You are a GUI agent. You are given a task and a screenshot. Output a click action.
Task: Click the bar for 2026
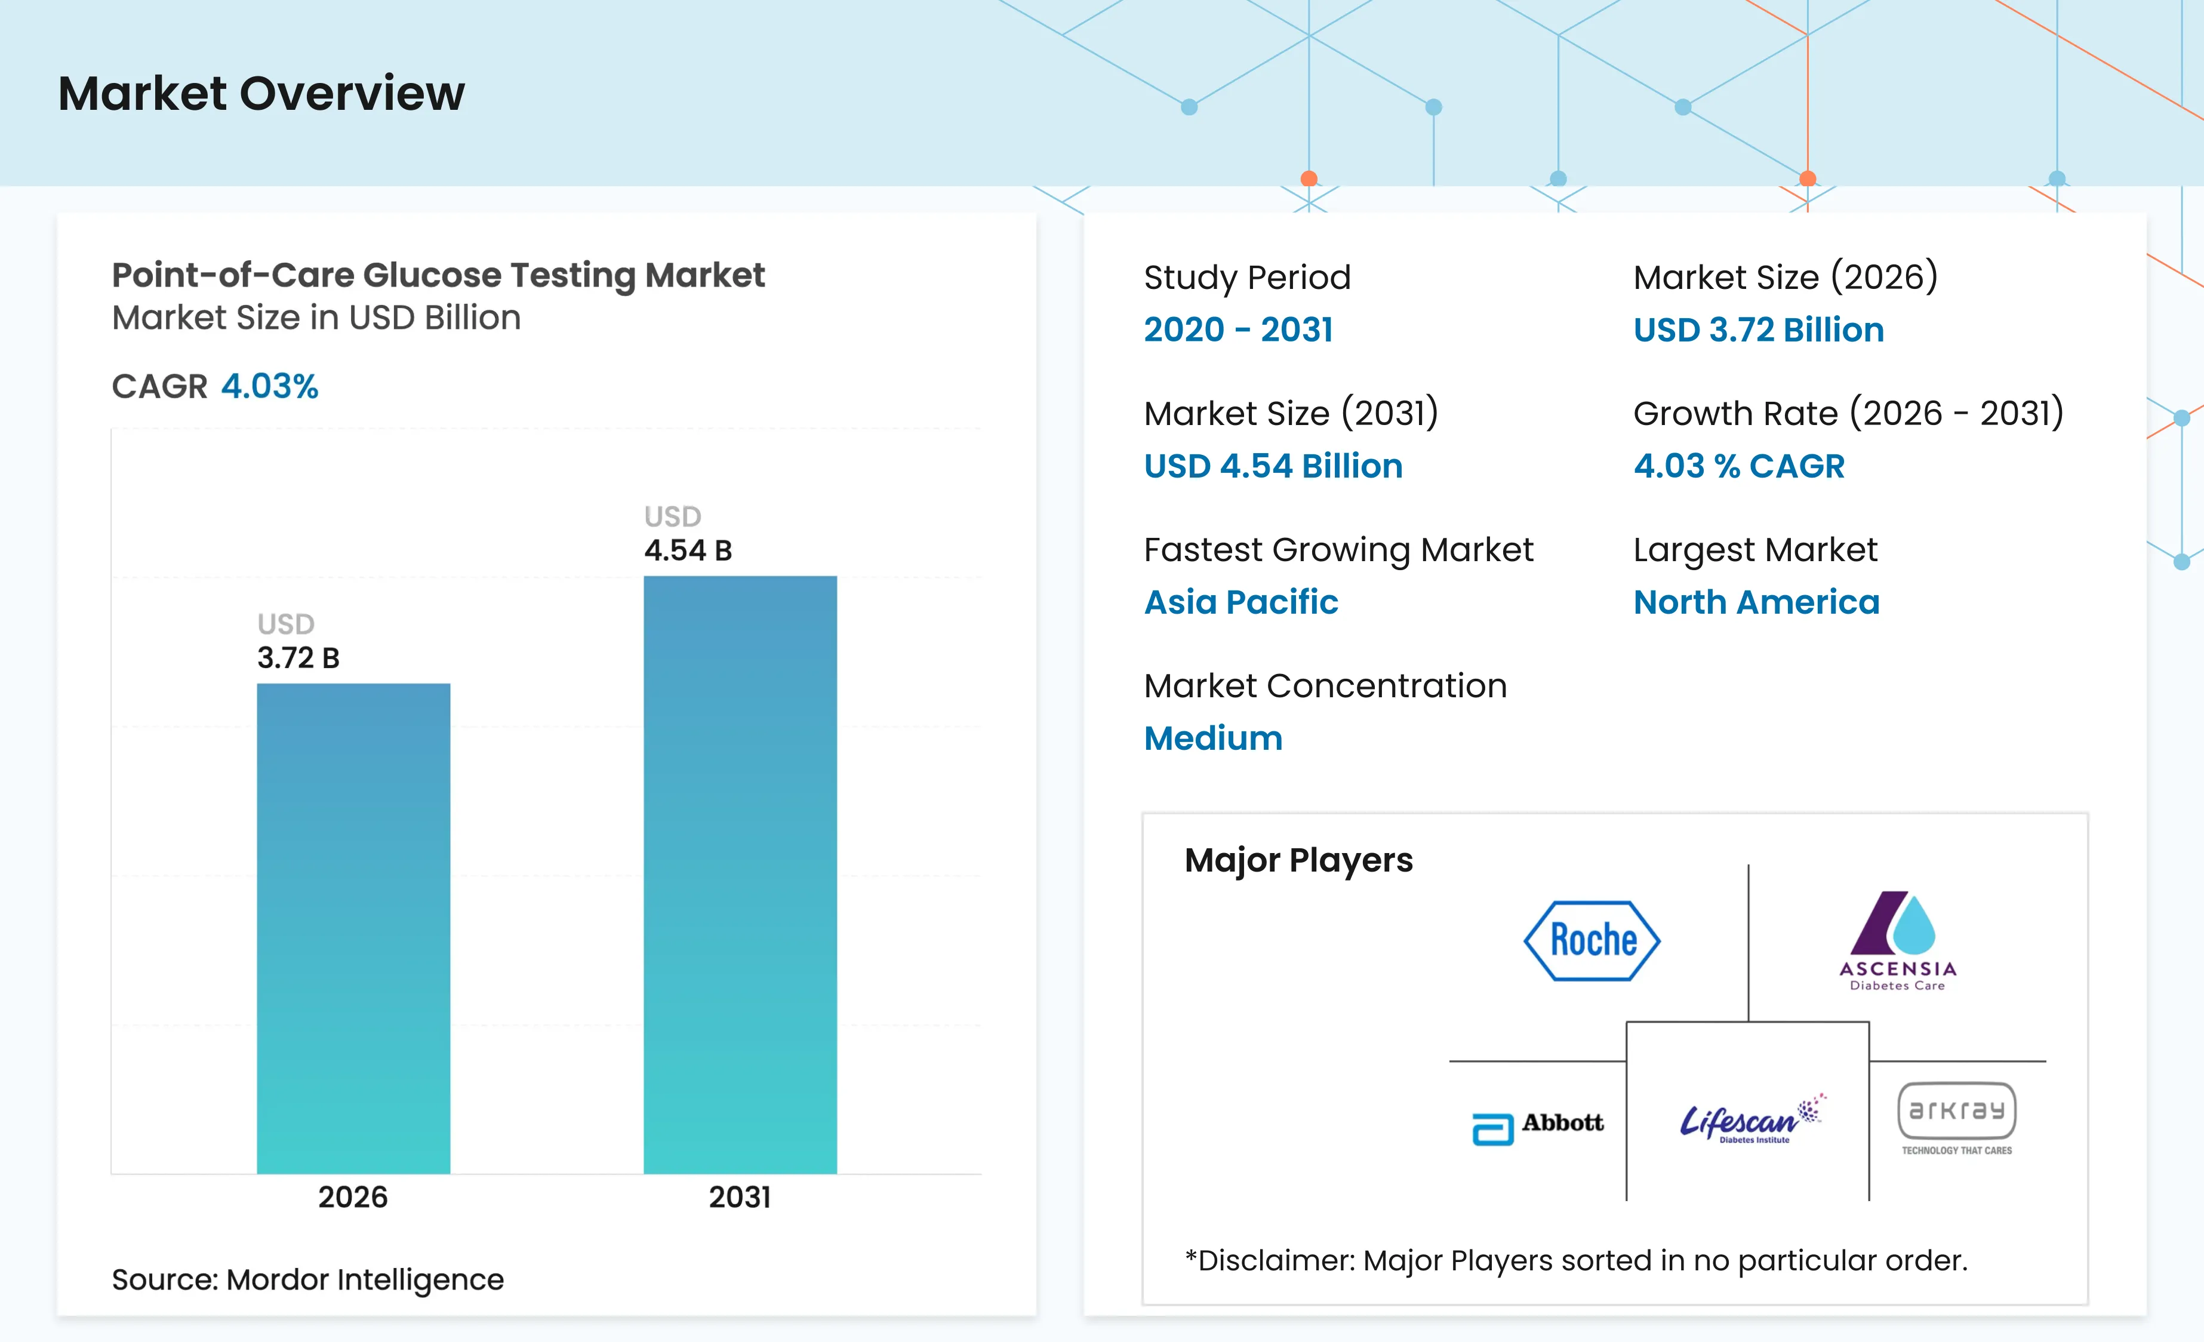coord(353,929)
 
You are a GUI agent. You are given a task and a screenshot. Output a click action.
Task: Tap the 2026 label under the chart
coord(353,1197)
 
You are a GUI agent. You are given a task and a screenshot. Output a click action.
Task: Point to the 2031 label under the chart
coord(740,1197)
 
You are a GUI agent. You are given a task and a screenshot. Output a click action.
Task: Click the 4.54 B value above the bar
coord(688,550)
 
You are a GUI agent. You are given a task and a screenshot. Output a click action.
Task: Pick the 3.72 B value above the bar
coord(298,658)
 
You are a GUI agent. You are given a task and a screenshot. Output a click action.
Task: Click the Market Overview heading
coord(261,93)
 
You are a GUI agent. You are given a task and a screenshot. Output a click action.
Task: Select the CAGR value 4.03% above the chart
coord(269,386)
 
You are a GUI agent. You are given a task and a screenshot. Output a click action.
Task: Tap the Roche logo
coord(1592,940)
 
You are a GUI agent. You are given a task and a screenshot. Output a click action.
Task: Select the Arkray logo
coord(1957,1118)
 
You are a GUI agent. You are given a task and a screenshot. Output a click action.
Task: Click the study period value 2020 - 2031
coord(1238,330)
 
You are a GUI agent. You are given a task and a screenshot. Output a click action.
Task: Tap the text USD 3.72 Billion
coord(1759,330)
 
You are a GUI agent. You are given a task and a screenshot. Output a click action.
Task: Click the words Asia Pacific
coord(1240,602)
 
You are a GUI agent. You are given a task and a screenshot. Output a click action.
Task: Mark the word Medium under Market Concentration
coord(1213,738)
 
